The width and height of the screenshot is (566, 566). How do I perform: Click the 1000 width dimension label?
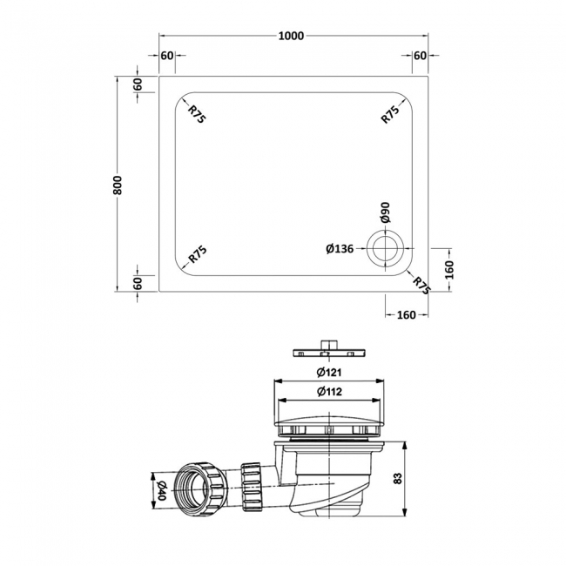(291, 36)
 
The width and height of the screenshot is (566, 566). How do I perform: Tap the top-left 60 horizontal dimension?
(167, 56)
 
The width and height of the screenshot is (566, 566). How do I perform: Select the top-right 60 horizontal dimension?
(420, 56)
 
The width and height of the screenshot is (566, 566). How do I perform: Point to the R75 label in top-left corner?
(196, 113)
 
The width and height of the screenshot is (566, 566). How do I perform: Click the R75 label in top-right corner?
(389, 113)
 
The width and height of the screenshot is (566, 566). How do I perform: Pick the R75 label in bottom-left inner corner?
(197, 255)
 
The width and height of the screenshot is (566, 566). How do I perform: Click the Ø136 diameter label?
(339, 249)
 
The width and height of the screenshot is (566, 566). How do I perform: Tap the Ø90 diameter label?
(384, 214)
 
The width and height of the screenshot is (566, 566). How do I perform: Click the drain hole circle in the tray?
(383, 249)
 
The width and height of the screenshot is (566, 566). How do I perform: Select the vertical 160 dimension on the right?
(448, 270)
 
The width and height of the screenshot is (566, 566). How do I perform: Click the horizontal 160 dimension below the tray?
(406, 314)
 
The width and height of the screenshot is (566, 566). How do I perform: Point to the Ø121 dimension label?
(327, 373)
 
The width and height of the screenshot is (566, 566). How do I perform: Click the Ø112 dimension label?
(327, 392)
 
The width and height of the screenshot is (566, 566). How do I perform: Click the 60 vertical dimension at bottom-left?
(138, 282)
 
